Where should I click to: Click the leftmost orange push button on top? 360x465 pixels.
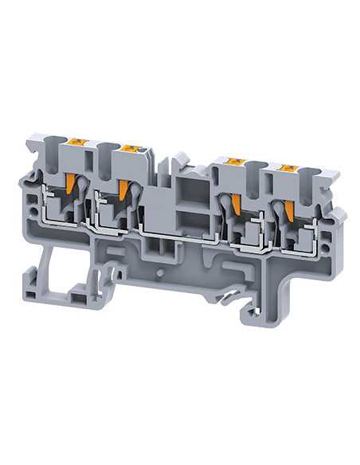79,143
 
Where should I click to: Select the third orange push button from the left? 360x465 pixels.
235,162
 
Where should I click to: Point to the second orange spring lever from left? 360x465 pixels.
123,190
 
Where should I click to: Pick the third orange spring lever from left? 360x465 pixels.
236,205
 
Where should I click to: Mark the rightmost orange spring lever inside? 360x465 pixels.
289,210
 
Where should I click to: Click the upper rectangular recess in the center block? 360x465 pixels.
190,192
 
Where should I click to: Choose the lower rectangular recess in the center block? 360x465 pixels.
190,220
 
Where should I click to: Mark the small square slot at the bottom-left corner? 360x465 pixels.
29,295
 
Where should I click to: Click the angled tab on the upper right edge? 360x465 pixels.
338,214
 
